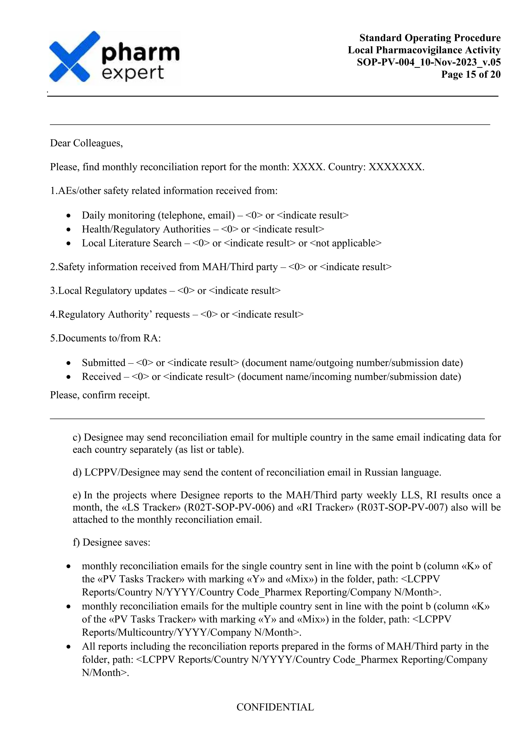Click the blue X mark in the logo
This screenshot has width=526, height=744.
pos(74,57)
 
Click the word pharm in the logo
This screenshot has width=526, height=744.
pos(140,53)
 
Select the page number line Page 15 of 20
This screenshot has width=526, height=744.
pos(471,75)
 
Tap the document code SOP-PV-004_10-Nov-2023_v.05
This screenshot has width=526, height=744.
pos(428,62)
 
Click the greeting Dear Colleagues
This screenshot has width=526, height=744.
pos(86,143)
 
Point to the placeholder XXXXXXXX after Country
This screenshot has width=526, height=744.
pos(396,167)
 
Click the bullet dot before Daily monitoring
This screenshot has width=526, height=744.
pos(68,216)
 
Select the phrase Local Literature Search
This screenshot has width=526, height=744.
pos(131,243)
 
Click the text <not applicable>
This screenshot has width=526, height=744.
pos(346,243)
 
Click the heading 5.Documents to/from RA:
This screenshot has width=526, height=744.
pos(105,338)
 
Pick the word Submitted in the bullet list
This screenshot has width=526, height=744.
pos(103,362)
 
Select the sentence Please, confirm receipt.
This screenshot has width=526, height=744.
pos(100,395)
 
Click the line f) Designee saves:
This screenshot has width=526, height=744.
pos(111,542)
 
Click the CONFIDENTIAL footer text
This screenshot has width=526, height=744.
pos(275,707)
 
